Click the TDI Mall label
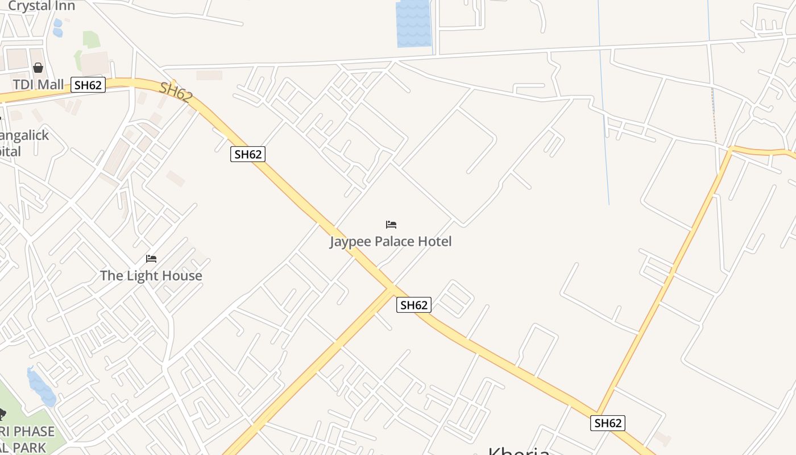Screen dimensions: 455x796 click(39, 85)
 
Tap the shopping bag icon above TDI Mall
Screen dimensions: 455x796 click(38, 68)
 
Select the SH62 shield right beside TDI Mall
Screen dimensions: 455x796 click(88, 85)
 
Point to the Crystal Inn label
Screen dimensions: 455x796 click(42, 6)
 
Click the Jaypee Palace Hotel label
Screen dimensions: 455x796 click(391, 241)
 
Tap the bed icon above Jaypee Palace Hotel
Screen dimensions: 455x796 click(391, 225)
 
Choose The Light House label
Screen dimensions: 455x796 click(151, 276)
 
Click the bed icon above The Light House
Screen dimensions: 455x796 click(151, 259)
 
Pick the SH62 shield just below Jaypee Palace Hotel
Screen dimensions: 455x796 click(413, 305)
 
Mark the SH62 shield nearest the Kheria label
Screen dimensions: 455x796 click(608, 423)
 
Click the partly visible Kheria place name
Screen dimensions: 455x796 click(519, 450)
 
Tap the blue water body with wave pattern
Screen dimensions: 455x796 click(413, 23)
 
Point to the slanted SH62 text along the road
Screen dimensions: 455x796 click(175, 92)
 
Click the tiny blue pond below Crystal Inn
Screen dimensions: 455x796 click(57, 28)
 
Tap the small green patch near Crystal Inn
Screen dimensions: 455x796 click(92, 39)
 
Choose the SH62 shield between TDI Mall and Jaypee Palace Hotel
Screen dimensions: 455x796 click(248, 154)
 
